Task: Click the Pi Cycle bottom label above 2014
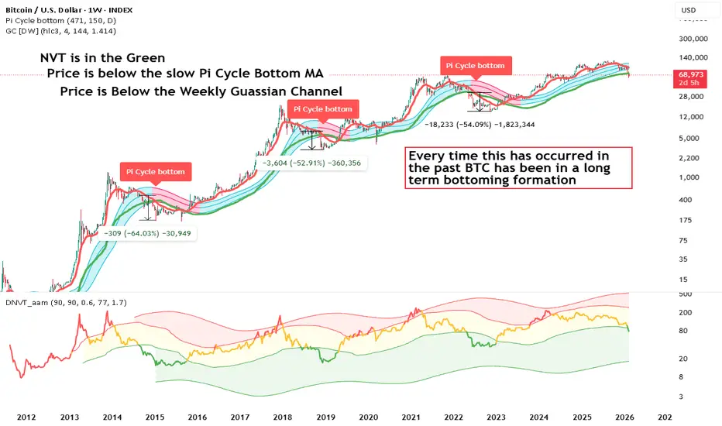[x=154, y=171]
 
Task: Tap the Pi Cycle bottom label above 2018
[x=321, y=109]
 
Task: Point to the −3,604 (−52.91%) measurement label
[x=311, y=163]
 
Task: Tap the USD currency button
[x=686, y=10]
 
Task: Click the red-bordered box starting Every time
[x=518, y=167]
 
